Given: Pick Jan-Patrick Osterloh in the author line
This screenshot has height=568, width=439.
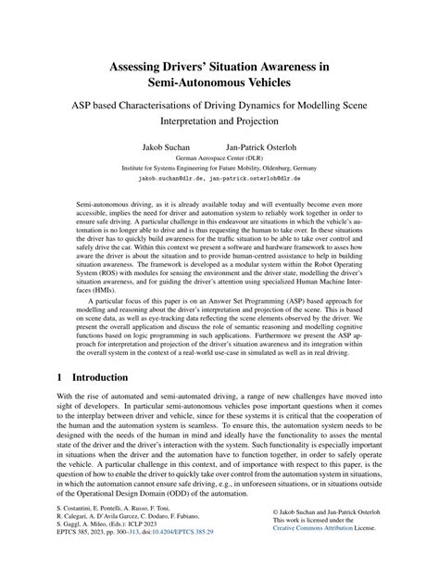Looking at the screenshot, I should [262, 148].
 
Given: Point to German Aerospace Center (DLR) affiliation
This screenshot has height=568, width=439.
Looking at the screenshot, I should [219, 159].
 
